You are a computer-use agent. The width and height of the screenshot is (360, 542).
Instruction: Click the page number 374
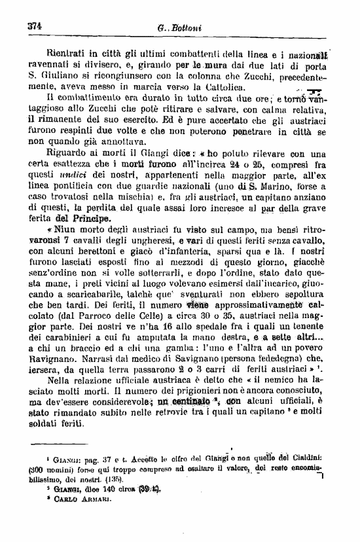coord(34,27)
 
